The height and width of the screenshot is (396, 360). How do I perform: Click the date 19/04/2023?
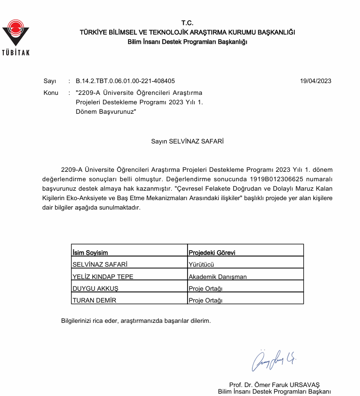[316, 81]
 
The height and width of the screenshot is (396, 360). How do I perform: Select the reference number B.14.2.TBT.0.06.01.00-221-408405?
[125, 81]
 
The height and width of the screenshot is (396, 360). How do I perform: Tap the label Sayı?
[50, 81]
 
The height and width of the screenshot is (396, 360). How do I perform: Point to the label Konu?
[51, 93]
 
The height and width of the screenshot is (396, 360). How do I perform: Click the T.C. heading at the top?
[188, 23]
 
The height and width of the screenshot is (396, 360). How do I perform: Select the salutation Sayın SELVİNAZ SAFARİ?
[188, 141]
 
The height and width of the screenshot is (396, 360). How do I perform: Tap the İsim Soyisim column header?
[90, 253]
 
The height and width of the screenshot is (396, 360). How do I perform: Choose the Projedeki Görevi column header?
[212, 253]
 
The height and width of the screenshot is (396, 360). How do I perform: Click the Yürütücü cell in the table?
[201, 265]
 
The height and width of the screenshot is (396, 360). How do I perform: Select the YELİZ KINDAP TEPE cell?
[103, 277]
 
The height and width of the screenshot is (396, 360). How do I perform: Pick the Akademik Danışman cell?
[218, 277]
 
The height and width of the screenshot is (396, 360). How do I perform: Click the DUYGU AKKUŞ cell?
[95, 288]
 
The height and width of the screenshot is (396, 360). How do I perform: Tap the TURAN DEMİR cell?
[94, 300]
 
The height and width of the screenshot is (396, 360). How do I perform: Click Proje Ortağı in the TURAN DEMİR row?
[206, 300]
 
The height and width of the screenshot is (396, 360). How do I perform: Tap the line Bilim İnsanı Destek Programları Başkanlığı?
[188, 42]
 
